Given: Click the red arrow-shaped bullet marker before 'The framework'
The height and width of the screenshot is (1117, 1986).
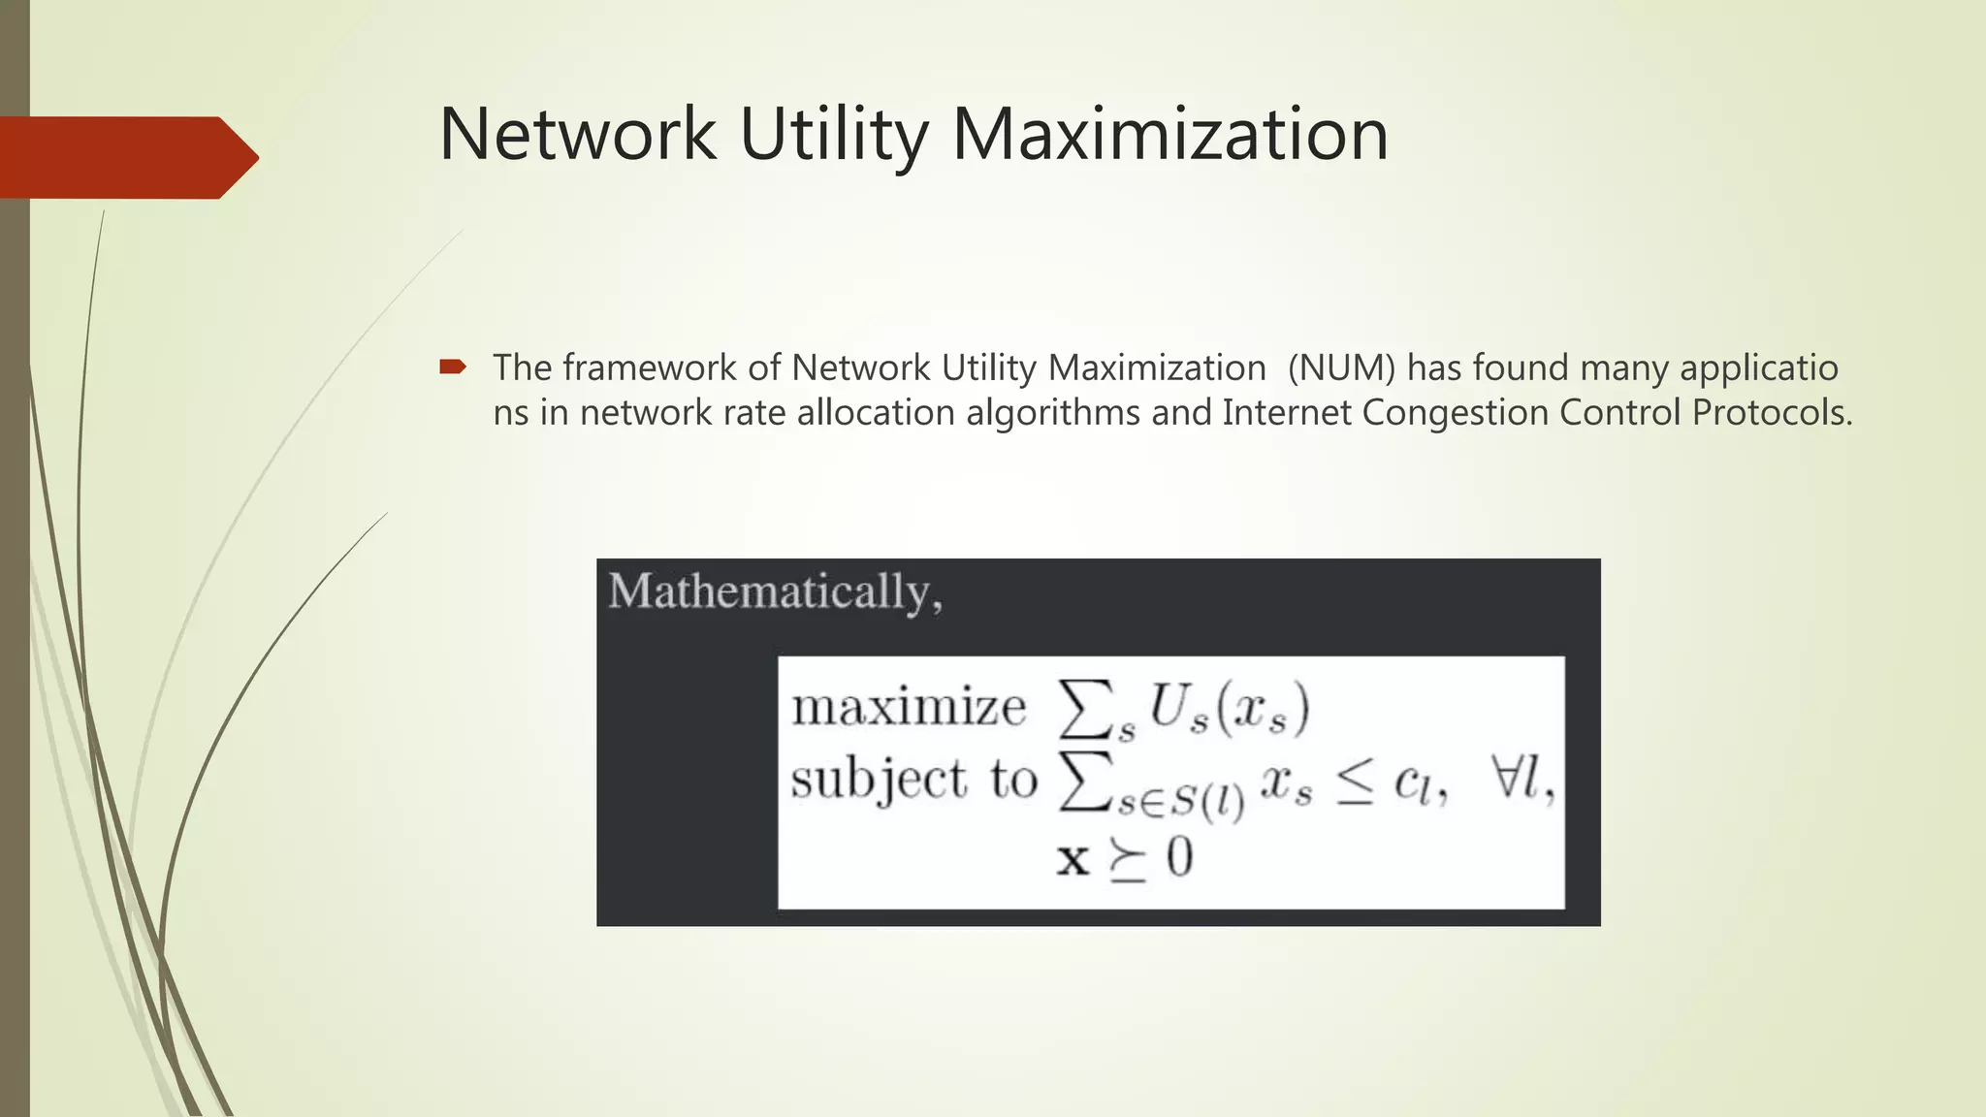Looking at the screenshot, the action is coord(453,367).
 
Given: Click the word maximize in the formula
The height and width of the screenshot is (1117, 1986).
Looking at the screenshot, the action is coord(909,707).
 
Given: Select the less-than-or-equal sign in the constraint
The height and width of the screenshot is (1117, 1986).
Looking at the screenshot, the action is coord(1354,785).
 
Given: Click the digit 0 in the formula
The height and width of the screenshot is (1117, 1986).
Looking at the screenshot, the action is coord(1179,858).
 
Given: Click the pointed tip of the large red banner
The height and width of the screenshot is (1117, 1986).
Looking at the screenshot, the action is coord(254,157).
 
